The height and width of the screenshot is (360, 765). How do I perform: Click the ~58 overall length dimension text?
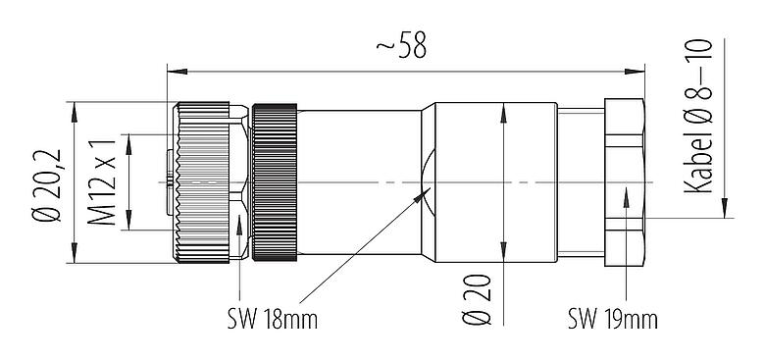coord(401,46)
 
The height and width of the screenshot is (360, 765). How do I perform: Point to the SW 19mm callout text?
coord(612,319)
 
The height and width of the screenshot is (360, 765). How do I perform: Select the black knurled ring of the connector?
coord(275,183)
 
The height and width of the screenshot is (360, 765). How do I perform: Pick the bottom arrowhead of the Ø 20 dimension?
coord(502,259)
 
